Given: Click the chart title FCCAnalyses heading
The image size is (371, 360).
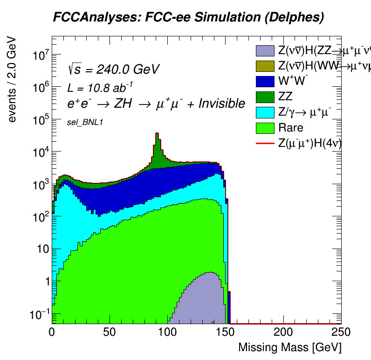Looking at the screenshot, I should click(188, 18).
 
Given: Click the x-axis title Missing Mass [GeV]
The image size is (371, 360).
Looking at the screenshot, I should click(290, 347).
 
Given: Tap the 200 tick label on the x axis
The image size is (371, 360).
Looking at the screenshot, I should click(283, 332).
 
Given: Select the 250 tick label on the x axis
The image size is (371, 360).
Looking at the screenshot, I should click(340, 332).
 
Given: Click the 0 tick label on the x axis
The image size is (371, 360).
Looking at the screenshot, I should click(52, 332).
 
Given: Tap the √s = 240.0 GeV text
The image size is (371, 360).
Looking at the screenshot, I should click(114, 69).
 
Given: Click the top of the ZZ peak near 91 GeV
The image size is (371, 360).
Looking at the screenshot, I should click(157, 133).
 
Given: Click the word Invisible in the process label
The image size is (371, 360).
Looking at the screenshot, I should click(222, 104).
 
